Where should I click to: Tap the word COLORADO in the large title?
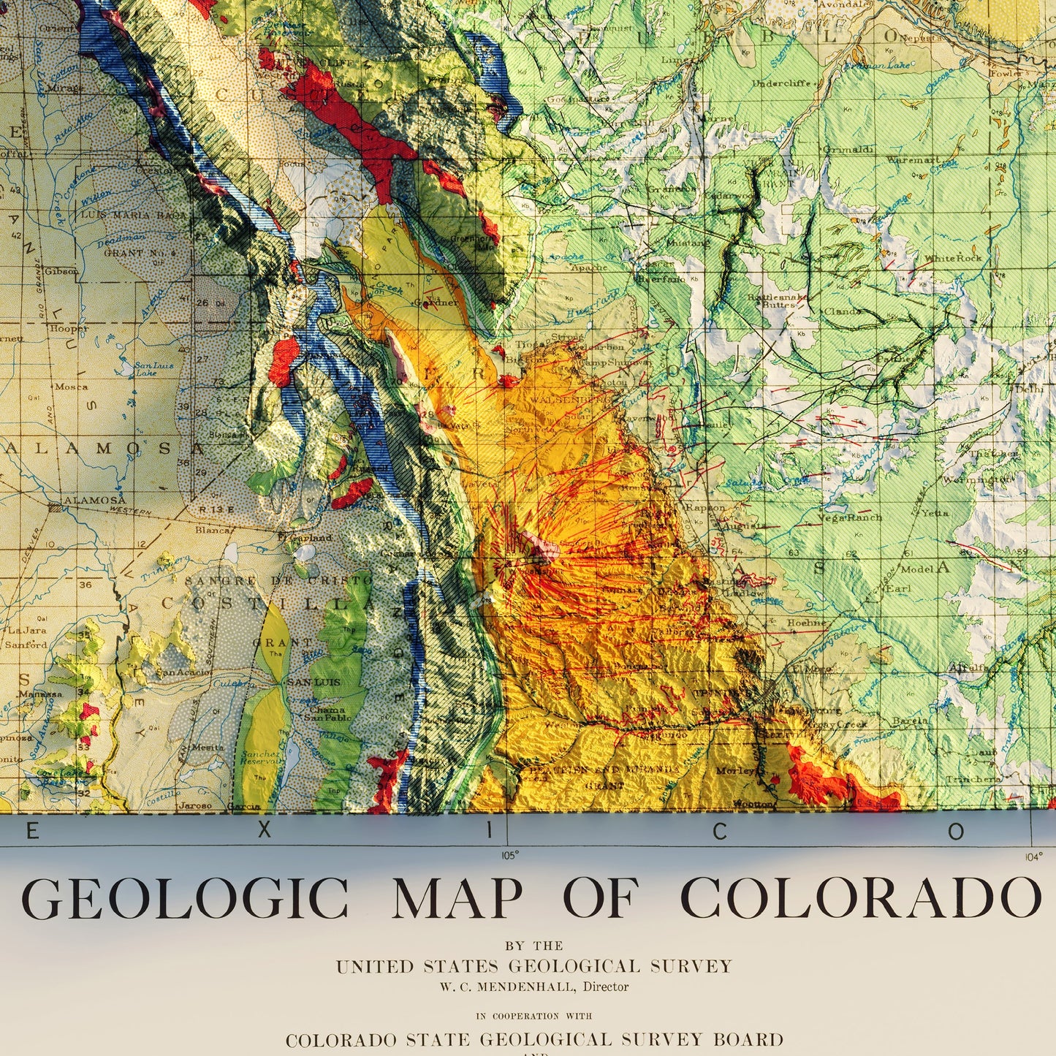pyautogui.click(x=860, y=898)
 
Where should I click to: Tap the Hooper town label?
pyautogui.click(x=70, y=328)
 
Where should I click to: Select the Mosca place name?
pyautogui.click(x=71, y=387)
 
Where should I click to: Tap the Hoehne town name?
pyautogui.click(x=806, y=623)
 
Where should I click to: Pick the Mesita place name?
pyautogui.click(x=207, y=748)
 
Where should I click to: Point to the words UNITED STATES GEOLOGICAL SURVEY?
pyautogui.click(x=533, y=966)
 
